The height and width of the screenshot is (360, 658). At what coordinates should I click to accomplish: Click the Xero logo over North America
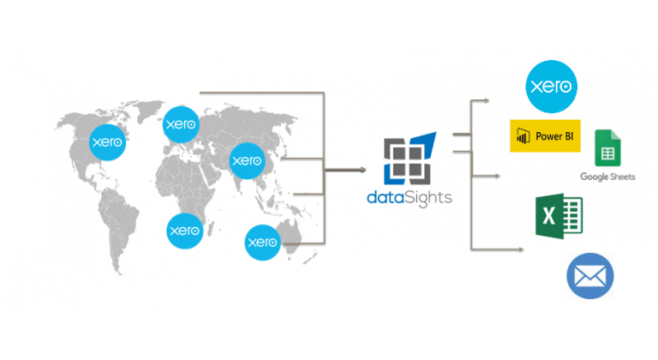109,141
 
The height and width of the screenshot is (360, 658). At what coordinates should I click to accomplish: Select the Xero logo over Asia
247,160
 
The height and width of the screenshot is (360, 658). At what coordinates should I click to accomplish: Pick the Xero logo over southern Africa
184,230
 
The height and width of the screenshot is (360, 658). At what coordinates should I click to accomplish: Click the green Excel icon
558,218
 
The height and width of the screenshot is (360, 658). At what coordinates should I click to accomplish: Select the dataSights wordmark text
407,199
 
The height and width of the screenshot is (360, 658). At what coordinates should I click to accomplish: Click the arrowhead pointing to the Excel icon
496,177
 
